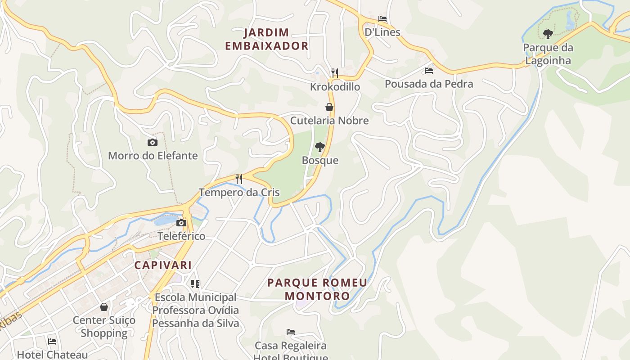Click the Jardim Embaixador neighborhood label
[266, 39]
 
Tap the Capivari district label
[163, 265]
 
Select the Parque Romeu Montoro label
[317, 289]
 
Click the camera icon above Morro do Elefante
[153, 143]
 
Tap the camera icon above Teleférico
[181, 223]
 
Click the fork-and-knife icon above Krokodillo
[335, 73]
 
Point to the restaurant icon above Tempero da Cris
[239, 179]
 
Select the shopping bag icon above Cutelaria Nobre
[329, 107]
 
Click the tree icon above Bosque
[320, 147]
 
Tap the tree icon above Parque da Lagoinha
[548, 34]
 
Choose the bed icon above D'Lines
[382, 19]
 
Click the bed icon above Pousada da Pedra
[429, 71]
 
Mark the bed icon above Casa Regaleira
[291, 332]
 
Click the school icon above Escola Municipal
[195, 283]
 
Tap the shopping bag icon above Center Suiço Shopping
[104, 307]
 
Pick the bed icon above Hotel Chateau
[52, 342]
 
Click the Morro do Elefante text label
[153, 156]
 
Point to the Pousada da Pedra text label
[429, 84]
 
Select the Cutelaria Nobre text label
[329, 121]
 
